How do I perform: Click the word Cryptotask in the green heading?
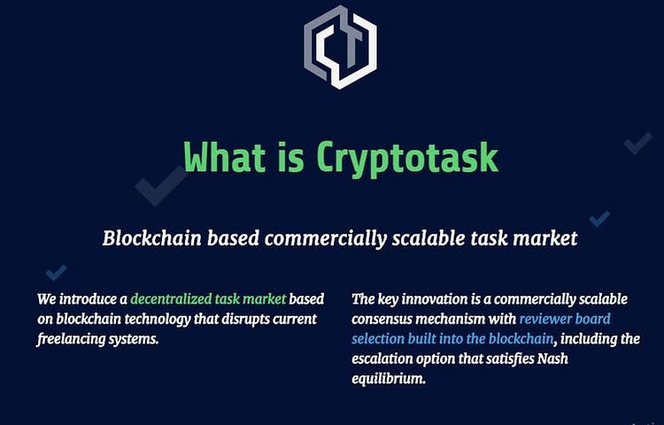407,158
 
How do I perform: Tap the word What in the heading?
225,156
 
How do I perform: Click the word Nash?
552,359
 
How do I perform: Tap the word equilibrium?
389,378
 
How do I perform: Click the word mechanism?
450,319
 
